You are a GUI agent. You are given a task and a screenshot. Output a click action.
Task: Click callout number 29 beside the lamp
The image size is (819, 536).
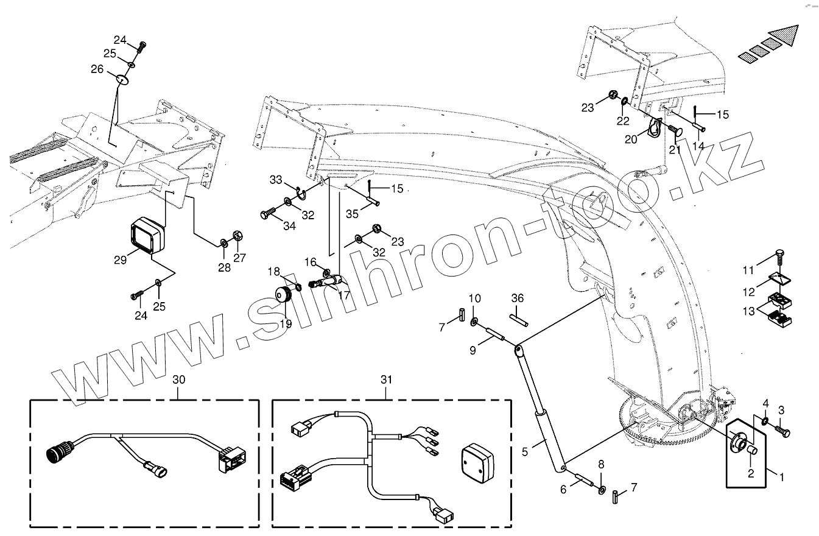120,259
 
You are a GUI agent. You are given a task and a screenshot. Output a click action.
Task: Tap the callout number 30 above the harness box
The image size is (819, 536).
179,379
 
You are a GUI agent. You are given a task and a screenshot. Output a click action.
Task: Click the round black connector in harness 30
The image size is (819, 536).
60,454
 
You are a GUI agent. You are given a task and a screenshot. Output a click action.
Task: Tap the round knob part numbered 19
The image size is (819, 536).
283,295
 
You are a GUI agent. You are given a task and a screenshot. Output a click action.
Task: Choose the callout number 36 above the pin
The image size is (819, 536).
517,298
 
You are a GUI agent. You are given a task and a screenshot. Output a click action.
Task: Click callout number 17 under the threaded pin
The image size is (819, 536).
344,295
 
